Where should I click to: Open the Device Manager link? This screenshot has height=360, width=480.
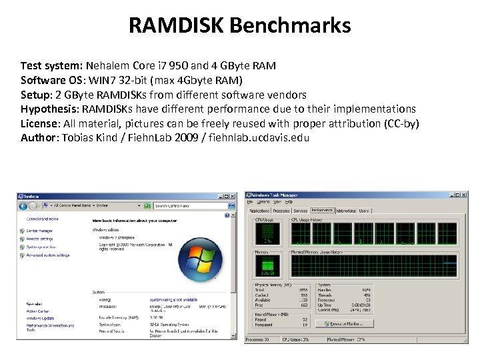pos(39,231)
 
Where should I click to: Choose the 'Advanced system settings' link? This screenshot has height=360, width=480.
pos(48,255)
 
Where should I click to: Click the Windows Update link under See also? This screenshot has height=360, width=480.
pos(39,318)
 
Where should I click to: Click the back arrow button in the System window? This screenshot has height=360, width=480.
pos(23,205)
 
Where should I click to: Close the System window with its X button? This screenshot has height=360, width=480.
pos(232,196)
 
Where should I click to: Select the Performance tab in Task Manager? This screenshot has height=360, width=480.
pos(322,211)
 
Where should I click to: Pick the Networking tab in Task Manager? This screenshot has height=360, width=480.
pos(346,211)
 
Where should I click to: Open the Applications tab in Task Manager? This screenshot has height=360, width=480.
pos(259,211)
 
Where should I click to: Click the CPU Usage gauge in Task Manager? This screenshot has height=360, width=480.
pos(268,233)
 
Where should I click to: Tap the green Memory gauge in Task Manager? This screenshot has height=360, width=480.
pos(268,267)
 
